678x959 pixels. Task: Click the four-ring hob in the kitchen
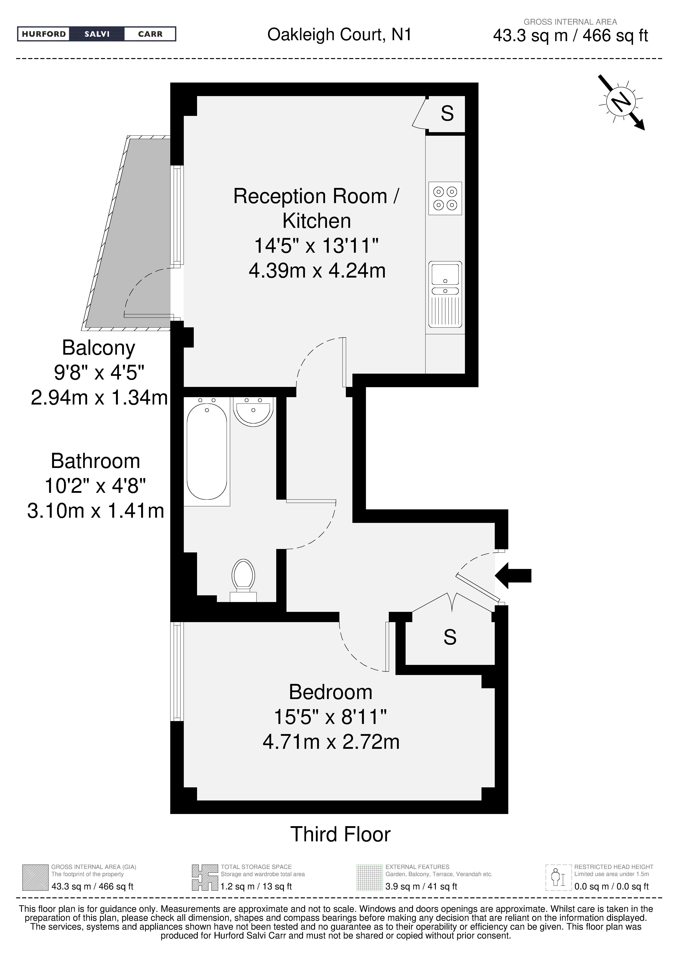tap(445, 198)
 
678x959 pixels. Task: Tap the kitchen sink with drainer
tap(445, 295)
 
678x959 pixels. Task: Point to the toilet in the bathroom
tap(244, 581)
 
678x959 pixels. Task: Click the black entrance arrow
tap(513, 576)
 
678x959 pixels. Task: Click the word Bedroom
tap(331, 692)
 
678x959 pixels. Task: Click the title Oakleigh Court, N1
tap(339, 35)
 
